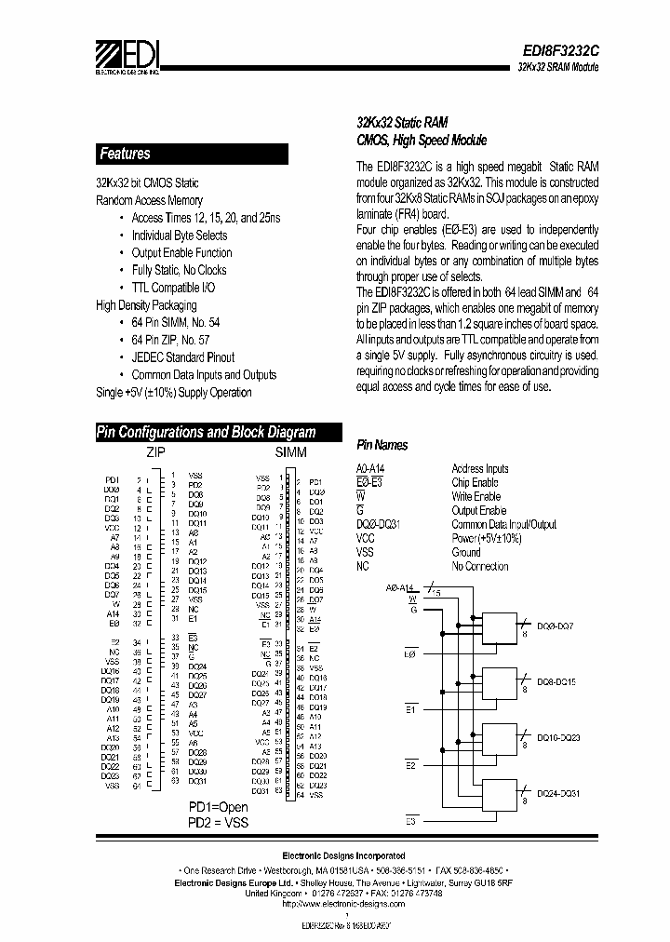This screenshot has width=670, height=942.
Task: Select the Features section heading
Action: click(x=125, y=154)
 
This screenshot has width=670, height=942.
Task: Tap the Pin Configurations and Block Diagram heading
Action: click(x=207, y=432)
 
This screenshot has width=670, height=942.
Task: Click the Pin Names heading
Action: click(x=382, y=446)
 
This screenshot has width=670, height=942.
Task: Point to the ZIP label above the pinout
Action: click(x=157, y=451)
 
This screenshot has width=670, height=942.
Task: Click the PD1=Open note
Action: click(x=218, y=807)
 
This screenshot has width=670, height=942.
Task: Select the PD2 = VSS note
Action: click(x=219, y=823)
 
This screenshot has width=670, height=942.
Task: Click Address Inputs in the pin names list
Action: click(x=479, y=468)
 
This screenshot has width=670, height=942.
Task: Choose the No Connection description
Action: click(x=479, y=566)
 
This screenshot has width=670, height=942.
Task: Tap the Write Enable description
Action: click(x=476, y=496)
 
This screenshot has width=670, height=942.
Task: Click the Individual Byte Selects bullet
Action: click(x=181, y=235)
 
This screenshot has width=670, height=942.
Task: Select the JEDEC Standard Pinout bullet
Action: click(x=183, y=357)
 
